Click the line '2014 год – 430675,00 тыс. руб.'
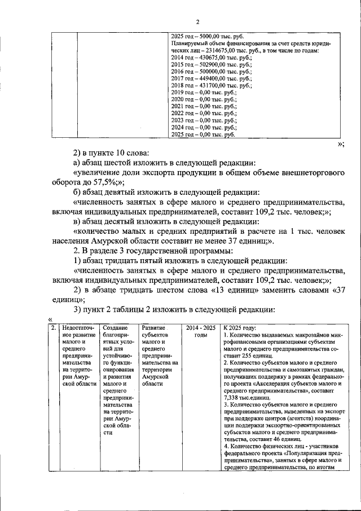(x=211, y=58)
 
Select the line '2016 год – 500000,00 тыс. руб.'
(x=211, y=72)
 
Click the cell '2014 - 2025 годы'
(x=201, y=331)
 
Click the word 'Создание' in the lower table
(x=116, y=327)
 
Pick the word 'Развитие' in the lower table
(x=154, y=327)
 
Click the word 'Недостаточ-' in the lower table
(x=78, y=327)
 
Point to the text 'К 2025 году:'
(x=240, y=327)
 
